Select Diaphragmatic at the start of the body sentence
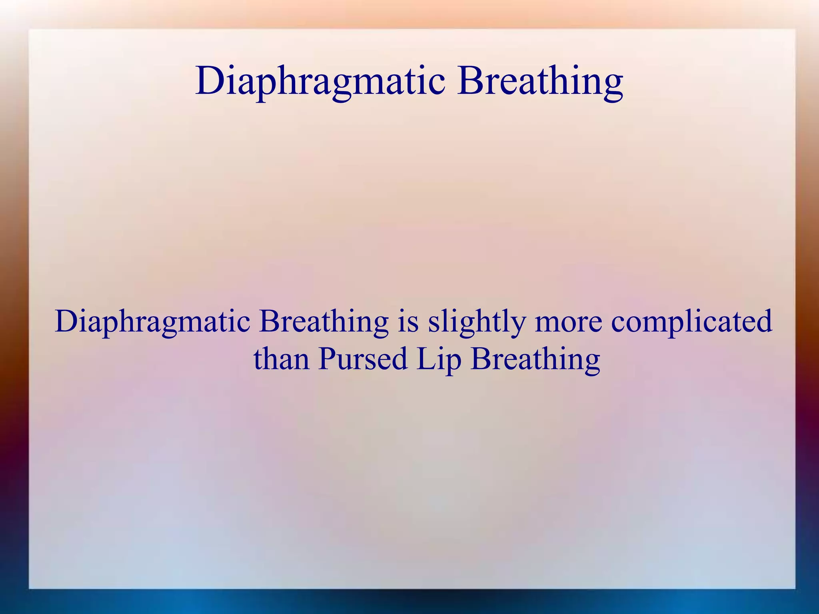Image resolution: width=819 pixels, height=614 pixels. point(152,322)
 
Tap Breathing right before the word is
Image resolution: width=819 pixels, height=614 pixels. point(324,322)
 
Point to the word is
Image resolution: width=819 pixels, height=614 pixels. point(408,322)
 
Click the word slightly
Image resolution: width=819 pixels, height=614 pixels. point(476,322)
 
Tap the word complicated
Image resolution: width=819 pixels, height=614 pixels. point(691,322)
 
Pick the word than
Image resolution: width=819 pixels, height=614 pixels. point(282,359)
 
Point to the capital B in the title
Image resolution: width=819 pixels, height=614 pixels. point(471,81)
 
